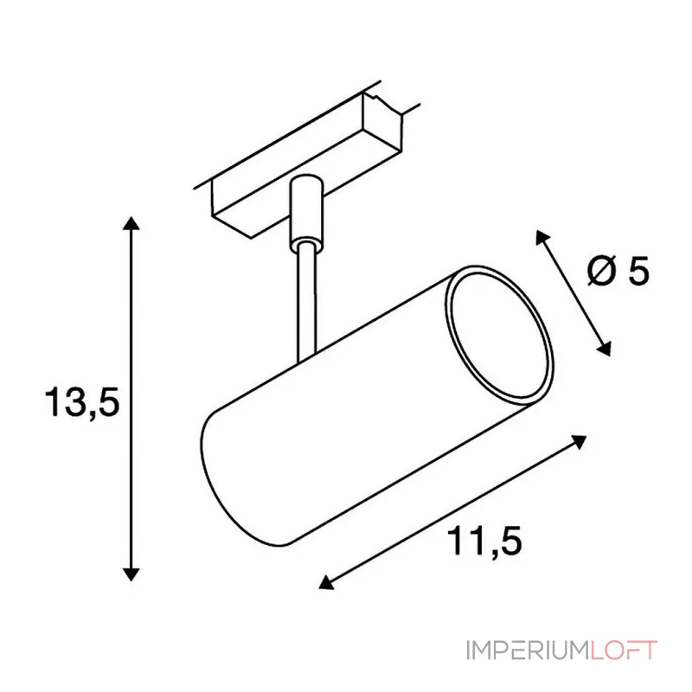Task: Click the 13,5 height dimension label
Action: coord(82,401)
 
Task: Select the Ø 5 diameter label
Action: coord(618,270)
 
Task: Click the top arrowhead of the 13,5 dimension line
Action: coord(131,223)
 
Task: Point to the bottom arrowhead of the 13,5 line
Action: coord(131,573)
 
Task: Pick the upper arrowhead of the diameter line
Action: coord(542,237)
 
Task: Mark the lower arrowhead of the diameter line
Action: coord(604,349)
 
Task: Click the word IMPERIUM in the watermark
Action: coord(528,650)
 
